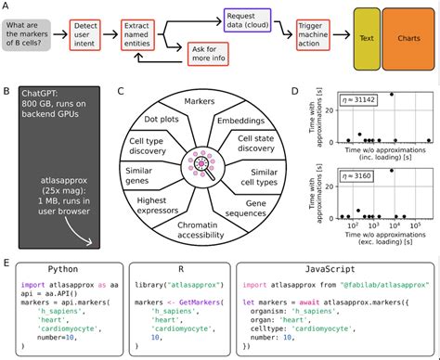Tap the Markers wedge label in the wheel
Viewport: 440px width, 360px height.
click(198, 99)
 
